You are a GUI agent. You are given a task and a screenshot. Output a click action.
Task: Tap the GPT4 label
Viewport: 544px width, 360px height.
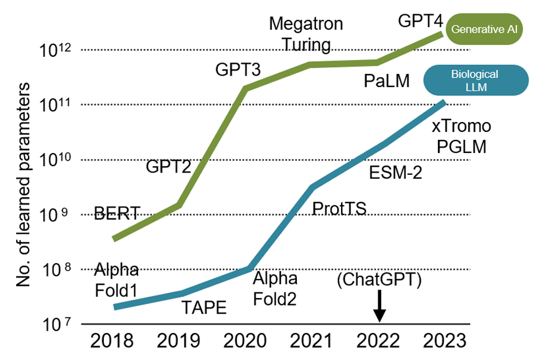coord(421,23)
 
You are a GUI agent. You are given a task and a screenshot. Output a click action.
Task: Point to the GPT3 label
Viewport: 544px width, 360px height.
coord(238,71)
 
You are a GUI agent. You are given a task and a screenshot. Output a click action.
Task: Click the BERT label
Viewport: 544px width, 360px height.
coord(117,215)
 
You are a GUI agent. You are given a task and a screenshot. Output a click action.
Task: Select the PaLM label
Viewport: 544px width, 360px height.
coord(387,81)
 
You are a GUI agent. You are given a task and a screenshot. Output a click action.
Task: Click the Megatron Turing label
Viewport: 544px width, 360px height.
coord(306,34)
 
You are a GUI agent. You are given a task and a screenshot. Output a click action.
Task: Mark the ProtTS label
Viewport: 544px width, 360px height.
coord(339,208)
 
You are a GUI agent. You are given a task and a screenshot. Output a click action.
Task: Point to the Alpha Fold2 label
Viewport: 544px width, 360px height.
coord(276,288)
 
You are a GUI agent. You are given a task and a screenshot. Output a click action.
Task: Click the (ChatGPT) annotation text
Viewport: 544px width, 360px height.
coord(379,280)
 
